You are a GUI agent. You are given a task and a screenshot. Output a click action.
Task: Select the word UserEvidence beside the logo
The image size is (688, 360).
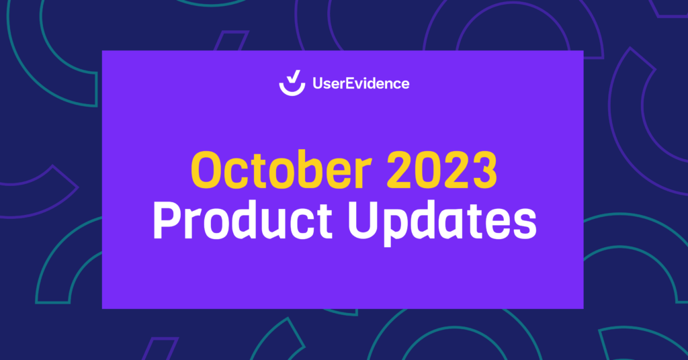[x=361, y=84]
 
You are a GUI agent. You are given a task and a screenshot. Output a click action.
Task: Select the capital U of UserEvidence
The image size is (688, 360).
[x=318, y=84]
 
